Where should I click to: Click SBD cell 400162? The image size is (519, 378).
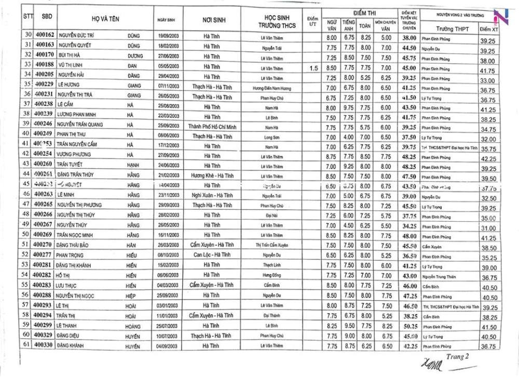44,35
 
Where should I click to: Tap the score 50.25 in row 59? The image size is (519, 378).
410,326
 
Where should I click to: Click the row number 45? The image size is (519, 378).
26,184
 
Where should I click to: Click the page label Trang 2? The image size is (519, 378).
457,356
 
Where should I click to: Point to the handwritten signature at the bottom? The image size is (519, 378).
429,365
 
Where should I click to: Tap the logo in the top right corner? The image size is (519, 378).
500,17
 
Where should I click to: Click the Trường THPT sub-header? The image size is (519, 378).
449,29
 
